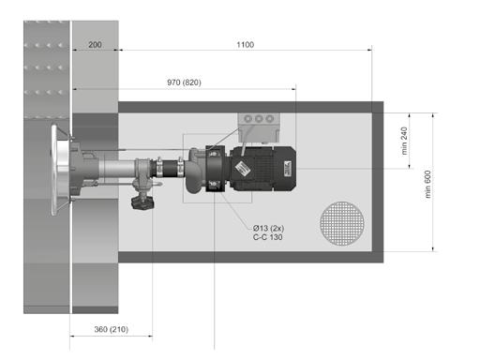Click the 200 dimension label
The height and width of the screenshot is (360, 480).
click(95, 44)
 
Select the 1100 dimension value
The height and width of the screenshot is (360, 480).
click(246, 44)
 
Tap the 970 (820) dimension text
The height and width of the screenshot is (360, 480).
click(184, 82)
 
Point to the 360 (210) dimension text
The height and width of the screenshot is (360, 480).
click(112, 329)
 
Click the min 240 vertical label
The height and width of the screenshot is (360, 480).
click(404, 141)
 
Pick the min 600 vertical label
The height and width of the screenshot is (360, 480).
click(427, 184)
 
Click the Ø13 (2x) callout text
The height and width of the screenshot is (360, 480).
click(268, 228)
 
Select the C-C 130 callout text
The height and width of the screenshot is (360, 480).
click(267, 237)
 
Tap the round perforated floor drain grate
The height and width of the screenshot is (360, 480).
click(342, 223)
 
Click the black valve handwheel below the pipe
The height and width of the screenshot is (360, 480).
click(142, 203)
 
